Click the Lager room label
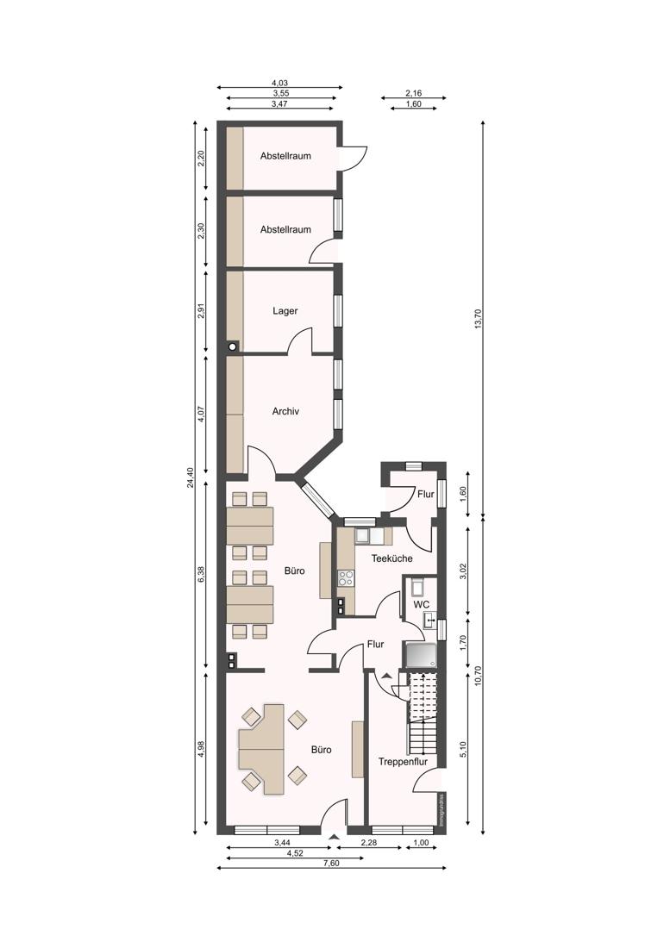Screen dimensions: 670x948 click(x=285, y=311)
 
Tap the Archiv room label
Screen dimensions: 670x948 click(x=285, y=411)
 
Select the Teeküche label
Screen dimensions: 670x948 click(x=391, y=558)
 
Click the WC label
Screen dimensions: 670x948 click(x=422, y=604)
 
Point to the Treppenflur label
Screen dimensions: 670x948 click(x=403, y=761)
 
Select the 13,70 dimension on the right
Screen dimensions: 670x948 click(x=479, y=319)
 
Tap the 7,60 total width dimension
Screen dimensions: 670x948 click(x=331, y=863)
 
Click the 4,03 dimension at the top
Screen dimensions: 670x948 click(x=280, y=83)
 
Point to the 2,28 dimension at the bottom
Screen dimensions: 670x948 click(x=369, y=843)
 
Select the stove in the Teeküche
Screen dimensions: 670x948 click(x=346, y=578)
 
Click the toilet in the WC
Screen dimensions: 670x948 click(x=418, y=586)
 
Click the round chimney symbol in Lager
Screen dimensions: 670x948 click(x=232, y=347)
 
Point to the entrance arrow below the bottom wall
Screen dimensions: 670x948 click(x=333, y=837)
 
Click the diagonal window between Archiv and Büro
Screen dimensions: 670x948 click(x=316, y=499)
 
